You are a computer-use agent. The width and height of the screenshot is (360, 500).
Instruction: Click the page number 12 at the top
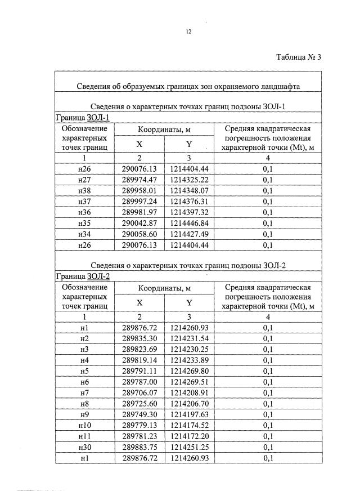click(189, 32)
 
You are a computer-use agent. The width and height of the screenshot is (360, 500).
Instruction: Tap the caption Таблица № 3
click(299, 57)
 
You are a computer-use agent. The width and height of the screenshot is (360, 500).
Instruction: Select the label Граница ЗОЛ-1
click(82, 118)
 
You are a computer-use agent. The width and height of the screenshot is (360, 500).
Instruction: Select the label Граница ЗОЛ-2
click(82, 276)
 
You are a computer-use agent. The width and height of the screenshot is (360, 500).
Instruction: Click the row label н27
click(85, 180)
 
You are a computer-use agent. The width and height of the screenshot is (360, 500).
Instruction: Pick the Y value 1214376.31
click(189, 202)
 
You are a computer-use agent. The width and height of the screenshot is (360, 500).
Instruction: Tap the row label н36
click(85, 212)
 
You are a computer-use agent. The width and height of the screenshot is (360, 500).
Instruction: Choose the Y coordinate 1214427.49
click(189, 234)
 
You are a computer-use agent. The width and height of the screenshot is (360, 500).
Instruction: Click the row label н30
click(85, 447)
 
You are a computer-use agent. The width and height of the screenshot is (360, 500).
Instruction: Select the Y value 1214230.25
click(189, 349)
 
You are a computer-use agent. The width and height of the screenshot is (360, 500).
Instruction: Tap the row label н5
click(85, 370)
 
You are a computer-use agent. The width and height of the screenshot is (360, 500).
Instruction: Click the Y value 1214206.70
click(189, 404)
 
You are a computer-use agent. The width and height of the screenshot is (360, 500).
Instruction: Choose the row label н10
click(85, 425)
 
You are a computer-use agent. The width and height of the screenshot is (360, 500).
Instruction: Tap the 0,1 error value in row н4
click(268, 360)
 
